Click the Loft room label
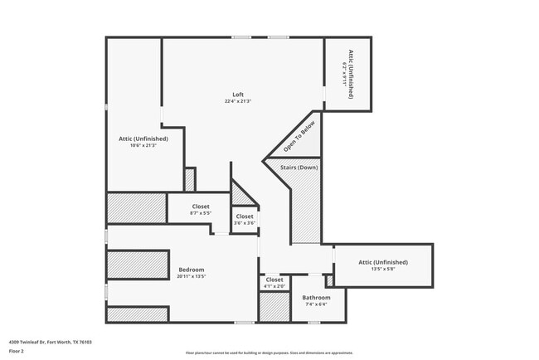tap(238, 94)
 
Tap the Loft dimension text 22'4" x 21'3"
tap(238, 101)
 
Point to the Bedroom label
tap(191, 270)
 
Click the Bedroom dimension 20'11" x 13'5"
tap(191, 277)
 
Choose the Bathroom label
tap(316, 297)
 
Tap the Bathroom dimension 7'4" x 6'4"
tap(316, 304)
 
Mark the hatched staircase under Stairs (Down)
tap(306, 212)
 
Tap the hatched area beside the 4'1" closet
tap(273, 307)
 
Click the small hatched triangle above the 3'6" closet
tap(240, 195)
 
